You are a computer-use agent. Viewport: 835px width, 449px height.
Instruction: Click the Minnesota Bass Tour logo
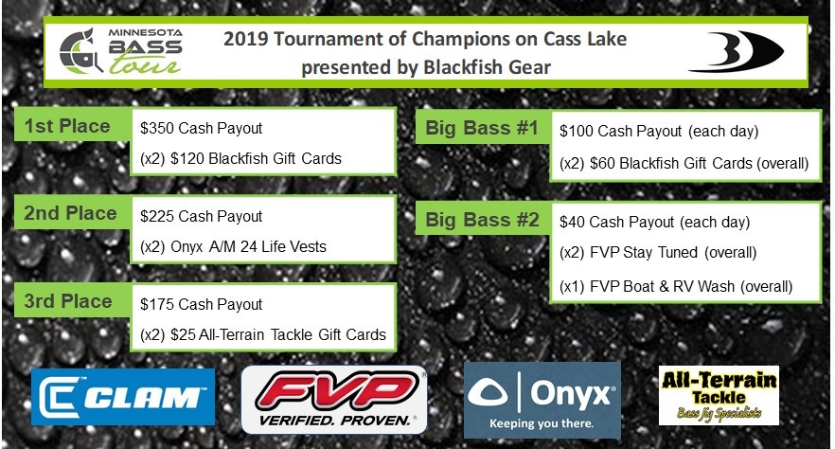coord(120,51)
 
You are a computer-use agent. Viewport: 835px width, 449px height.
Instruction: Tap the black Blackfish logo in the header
coord(736,52)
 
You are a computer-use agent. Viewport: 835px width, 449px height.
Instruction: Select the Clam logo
coord(123,397)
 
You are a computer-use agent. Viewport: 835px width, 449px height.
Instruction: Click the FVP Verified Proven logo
coord(334,400)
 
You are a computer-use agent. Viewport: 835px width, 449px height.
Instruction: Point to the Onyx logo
coord(542,400)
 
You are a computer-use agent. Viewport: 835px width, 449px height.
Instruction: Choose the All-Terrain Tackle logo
coord(719,395)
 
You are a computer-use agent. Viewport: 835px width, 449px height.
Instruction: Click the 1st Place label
coord(67,126)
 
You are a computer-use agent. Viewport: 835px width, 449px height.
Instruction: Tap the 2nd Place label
coord(70,213)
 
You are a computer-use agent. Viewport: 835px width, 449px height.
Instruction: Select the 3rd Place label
coord(68,301)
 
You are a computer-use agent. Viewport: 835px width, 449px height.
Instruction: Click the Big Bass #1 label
coord(481,128)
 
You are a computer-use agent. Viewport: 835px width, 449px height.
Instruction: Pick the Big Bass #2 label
coord(482,220)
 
